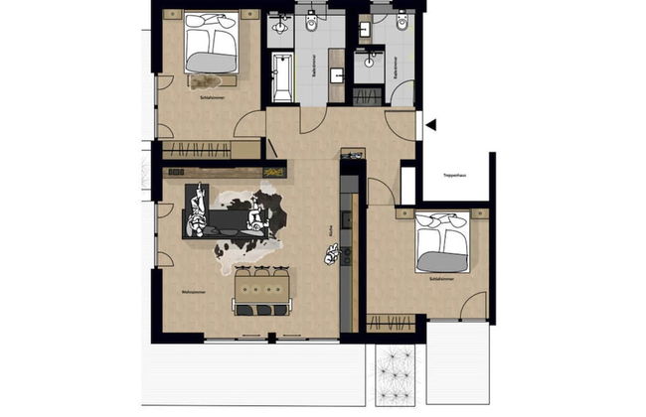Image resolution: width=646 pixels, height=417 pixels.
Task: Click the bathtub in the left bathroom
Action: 282,76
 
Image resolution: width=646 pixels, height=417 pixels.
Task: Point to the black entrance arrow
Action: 430,124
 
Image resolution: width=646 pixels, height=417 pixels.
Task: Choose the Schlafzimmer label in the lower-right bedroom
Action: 442,281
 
